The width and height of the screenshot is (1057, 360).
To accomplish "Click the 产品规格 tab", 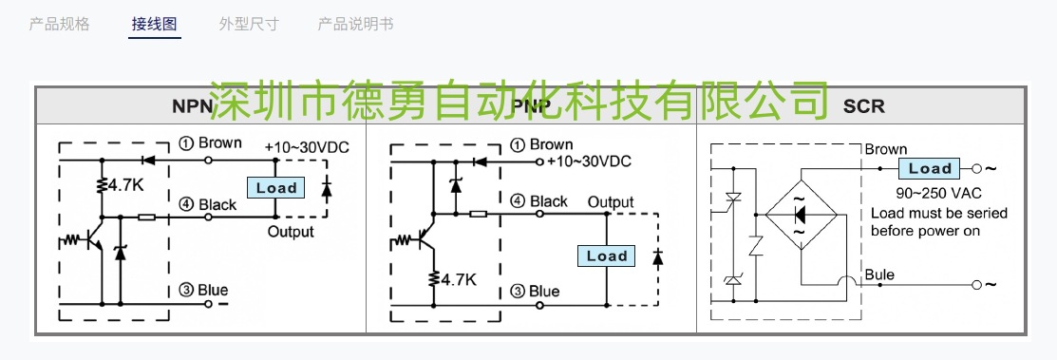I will point(59,24).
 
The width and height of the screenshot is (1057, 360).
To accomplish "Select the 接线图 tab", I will point(155,24).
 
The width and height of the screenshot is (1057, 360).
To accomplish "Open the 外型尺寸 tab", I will point(249,24).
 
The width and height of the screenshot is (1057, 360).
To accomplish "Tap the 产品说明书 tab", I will point(355,24).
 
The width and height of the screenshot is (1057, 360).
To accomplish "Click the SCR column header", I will point(863,105).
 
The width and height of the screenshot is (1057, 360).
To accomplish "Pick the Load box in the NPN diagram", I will point(276,188).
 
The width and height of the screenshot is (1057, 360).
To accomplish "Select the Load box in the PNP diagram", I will point(607,256).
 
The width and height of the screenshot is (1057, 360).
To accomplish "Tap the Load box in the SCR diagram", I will point(930,169).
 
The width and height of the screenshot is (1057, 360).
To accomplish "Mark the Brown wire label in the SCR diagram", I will point(885,149).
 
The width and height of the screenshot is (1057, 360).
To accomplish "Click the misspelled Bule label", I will point(879,275).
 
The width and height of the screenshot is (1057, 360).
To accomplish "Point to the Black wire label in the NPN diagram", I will point(217,204).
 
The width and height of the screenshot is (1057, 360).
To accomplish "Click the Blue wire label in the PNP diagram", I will point(543,291).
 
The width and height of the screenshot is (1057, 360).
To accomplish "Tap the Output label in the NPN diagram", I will point(290,232).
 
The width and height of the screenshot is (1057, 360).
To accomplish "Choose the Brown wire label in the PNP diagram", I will point(550,144).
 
